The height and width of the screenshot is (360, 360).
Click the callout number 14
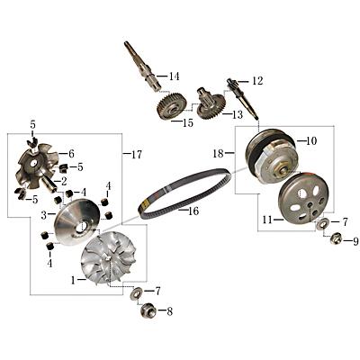click(174, 76)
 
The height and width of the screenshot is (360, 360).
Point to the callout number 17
click(137, 155)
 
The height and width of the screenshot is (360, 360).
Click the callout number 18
click(218, 154)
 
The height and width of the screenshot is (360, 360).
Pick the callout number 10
click(311, 141)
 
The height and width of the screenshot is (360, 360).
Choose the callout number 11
click(266, 220)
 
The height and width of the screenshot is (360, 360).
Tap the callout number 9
click(355, 241)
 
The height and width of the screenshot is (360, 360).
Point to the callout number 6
click(70, 154)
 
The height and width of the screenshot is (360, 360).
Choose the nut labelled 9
click(336, 238)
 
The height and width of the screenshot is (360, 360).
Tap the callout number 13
click(238, 114)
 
